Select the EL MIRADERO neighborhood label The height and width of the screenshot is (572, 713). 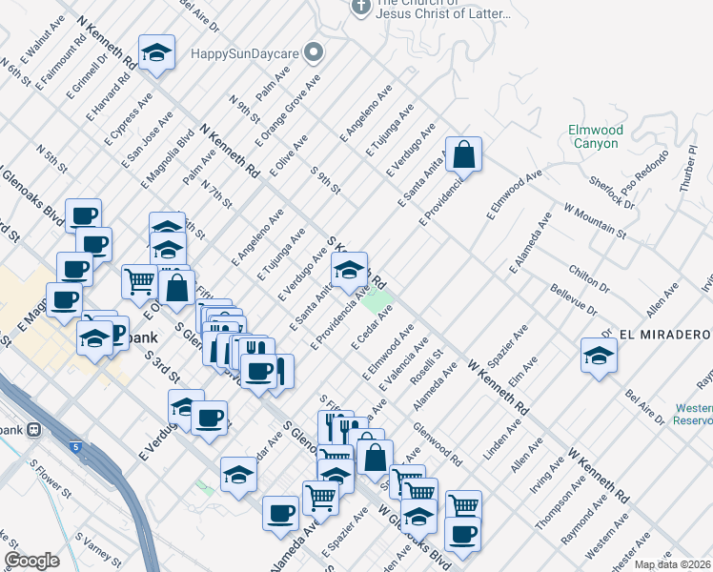(x=664, y=334)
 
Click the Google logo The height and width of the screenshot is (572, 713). (x=31, y=561)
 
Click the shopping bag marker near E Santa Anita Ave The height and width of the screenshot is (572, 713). (x=463, y=154)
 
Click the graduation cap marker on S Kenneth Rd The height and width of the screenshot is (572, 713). (x=350, y=271)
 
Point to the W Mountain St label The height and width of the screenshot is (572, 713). (x=595, y=220)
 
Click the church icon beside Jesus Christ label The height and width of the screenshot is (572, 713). (x=360, y=7)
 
